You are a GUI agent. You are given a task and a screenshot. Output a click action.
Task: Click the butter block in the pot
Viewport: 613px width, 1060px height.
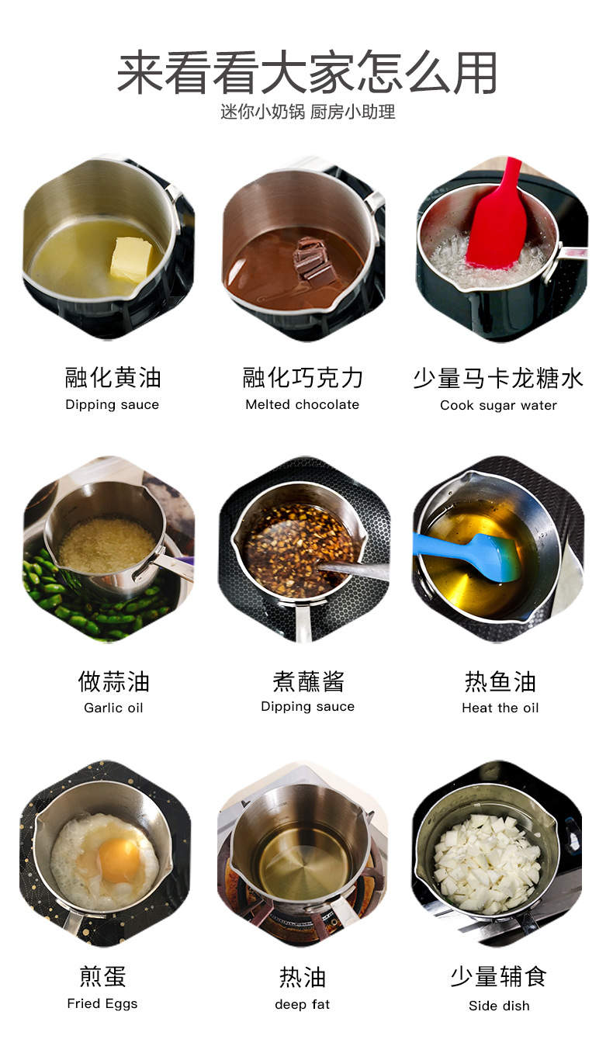click(x=131, y=259)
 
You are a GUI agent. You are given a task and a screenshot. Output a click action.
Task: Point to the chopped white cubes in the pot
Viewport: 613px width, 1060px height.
click(x=487, y=861)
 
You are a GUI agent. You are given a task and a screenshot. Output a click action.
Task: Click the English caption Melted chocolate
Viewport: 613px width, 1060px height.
click(x=303, y=404)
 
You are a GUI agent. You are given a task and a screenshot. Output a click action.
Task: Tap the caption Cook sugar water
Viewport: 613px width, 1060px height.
click(x=498, y=405)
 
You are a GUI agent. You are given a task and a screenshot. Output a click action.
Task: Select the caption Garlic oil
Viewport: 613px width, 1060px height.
click(x=113, y=708)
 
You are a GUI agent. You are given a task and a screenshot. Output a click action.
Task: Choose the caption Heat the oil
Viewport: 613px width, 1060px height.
click(x=500, y=708)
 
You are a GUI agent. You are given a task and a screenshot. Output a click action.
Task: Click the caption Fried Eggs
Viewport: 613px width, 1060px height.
click(x=102, y=1003)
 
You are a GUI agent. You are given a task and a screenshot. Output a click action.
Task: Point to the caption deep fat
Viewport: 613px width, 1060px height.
click(x=302, y=1004)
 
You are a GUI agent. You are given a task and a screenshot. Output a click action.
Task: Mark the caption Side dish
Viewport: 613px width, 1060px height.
click(x=499, y=1006)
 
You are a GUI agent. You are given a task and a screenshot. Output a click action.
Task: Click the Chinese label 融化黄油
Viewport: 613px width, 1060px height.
click(x=113, y=378)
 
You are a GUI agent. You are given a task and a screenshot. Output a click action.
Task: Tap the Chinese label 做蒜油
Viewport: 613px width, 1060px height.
click(x=113, y=681)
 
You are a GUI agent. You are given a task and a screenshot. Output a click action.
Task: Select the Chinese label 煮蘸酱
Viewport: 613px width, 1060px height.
click(x=307, y=681)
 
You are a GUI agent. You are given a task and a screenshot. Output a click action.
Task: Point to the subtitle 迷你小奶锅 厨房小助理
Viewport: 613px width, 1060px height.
click(x=307, y=112)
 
